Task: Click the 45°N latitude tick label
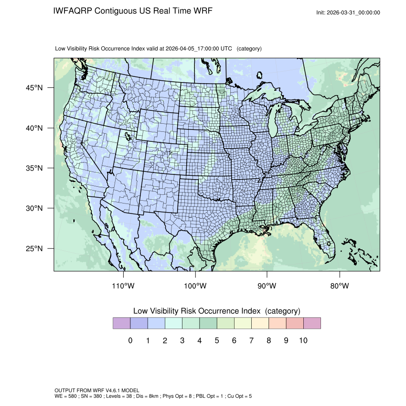[x=34, y=88]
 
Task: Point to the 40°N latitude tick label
[x=34, y=128]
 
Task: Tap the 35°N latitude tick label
[x=34, y=168]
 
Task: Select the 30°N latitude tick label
[x=34, y=208]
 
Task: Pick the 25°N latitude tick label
[x=34, y=248]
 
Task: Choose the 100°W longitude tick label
[x=195, y=286]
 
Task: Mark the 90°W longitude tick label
[x=267, y=286]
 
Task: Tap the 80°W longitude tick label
[x=339, y=286]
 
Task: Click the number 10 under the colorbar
[x=303, y=341]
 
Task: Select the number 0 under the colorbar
[x=130, y=341]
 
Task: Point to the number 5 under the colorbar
[x=217, y=341]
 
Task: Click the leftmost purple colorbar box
[x=122, y=323]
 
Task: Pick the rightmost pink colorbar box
[x=312, y=323]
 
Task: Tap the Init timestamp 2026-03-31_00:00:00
[x=355, y=12]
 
